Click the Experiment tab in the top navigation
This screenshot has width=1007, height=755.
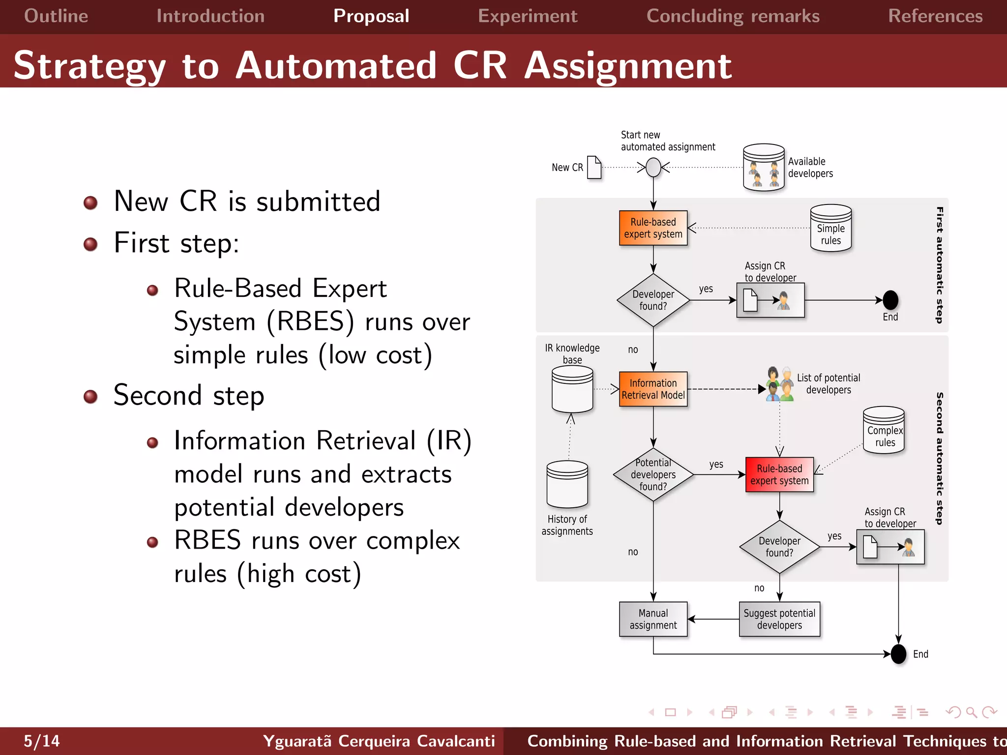(x=528, y=16)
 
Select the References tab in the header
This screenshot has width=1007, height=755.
(x=935, y=16)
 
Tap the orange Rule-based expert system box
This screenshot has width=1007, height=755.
(x=653, y=228)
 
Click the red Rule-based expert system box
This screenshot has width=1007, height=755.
(x=779, y=475)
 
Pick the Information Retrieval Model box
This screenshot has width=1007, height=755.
(x=653, y=389)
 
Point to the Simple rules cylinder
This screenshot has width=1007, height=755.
(x=830, y=229)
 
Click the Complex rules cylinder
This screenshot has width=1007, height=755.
(x=884, y=431)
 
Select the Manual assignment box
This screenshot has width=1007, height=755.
(x=653, y=619)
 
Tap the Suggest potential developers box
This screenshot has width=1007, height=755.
(x=779, y=619)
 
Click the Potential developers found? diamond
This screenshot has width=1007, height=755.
(x=653, y=475)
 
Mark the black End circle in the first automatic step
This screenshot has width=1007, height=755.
(x=890, y=300)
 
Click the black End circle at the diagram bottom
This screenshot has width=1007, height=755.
(x=898, y=654)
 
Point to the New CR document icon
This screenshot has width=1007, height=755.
(x=594, y=168)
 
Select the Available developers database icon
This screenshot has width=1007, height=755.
(x=764, y=168)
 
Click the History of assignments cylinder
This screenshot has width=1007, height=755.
(x=567, y=485)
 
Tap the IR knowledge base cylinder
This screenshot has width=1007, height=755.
(x=572, y=390)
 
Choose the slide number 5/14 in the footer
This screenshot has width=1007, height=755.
(x=42, y=741)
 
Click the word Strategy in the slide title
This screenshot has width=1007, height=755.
(x=90, y=66)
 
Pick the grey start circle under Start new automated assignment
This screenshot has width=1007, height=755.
(x=653, y=168)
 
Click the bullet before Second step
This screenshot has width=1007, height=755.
(x=90, y=396)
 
